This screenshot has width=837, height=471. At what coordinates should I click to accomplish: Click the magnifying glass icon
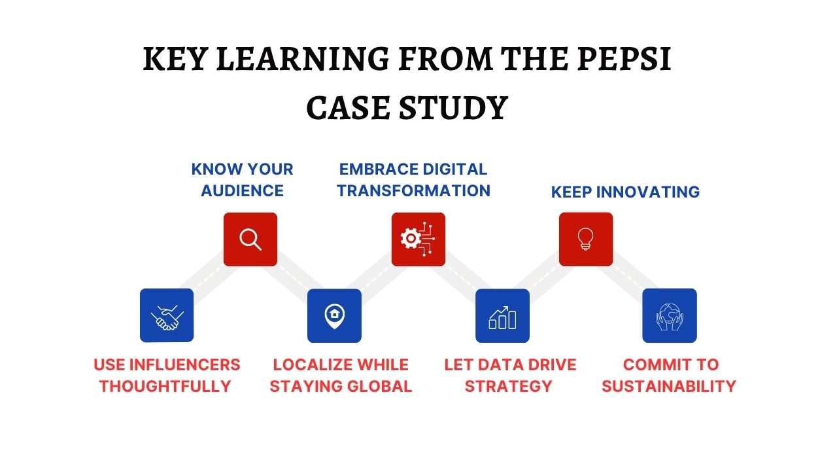point(250,239)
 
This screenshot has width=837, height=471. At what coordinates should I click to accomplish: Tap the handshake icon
point(167,315)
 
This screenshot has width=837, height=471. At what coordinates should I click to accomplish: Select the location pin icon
point(334,315)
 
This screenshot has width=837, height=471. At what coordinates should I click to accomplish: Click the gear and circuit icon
point(418,239)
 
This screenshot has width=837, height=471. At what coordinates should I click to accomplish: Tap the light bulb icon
point(586,239)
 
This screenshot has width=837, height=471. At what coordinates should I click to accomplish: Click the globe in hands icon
point(670,315)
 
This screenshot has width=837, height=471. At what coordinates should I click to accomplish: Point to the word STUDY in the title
point(451,108)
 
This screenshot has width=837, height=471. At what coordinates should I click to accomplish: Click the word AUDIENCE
point(242,190)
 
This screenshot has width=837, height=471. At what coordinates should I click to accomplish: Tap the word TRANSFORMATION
point(413,190)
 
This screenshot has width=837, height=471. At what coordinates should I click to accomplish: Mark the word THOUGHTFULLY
point(165,386)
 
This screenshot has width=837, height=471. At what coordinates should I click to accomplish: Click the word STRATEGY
point(508,386)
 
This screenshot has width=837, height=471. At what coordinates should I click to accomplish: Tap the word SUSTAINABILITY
point(669,386)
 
